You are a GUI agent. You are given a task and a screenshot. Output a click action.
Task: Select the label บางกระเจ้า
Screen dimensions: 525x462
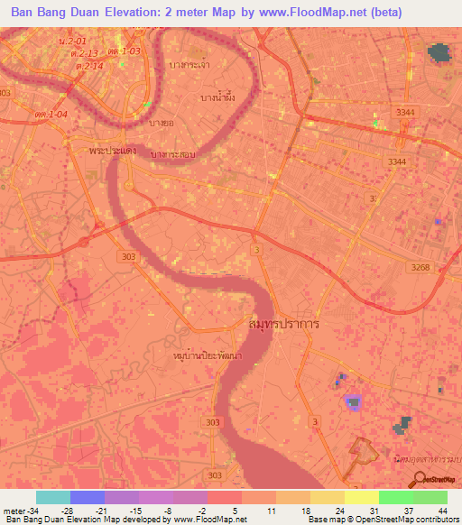pos(189,64)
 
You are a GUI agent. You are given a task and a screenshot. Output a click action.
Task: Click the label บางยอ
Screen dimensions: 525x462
pos(162,122)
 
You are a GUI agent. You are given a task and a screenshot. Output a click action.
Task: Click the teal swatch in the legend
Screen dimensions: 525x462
pos(53,497)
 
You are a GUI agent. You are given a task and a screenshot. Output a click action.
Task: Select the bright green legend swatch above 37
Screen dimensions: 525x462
pos(396,497)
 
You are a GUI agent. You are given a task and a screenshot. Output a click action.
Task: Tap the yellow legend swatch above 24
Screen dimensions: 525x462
pos(328,497)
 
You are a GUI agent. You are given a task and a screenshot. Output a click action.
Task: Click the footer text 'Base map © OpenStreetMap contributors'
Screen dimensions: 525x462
pos(381,520)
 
